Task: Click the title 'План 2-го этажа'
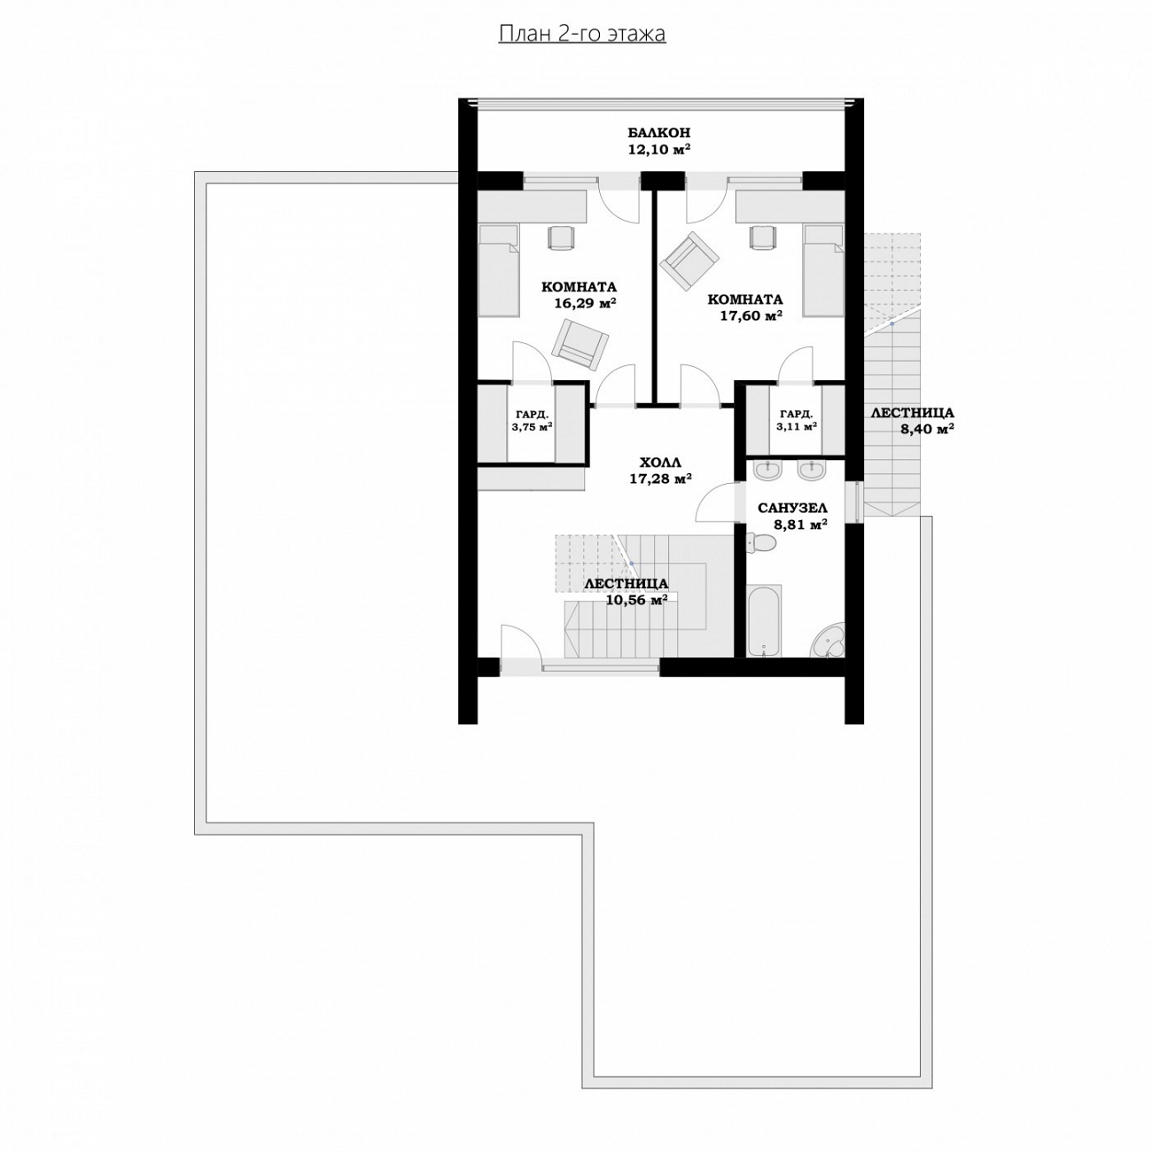581,34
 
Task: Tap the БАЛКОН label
658,133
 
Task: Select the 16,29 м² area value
585,304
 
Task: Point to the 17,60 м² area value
751,315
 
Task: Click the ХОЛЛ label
660,462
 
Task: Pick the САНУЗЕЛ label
792,508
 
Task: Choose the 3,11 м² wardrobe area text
797,426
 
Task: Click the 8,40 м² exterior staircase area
927,428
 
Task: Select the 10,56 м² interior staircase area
636,600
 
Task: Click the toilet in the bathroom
761,542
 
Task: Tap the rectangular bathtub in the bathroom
764,620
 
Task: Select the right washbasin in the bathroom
810,471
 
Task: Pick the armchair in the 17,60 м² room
689,258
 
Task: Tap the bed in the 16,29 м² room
499,269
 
